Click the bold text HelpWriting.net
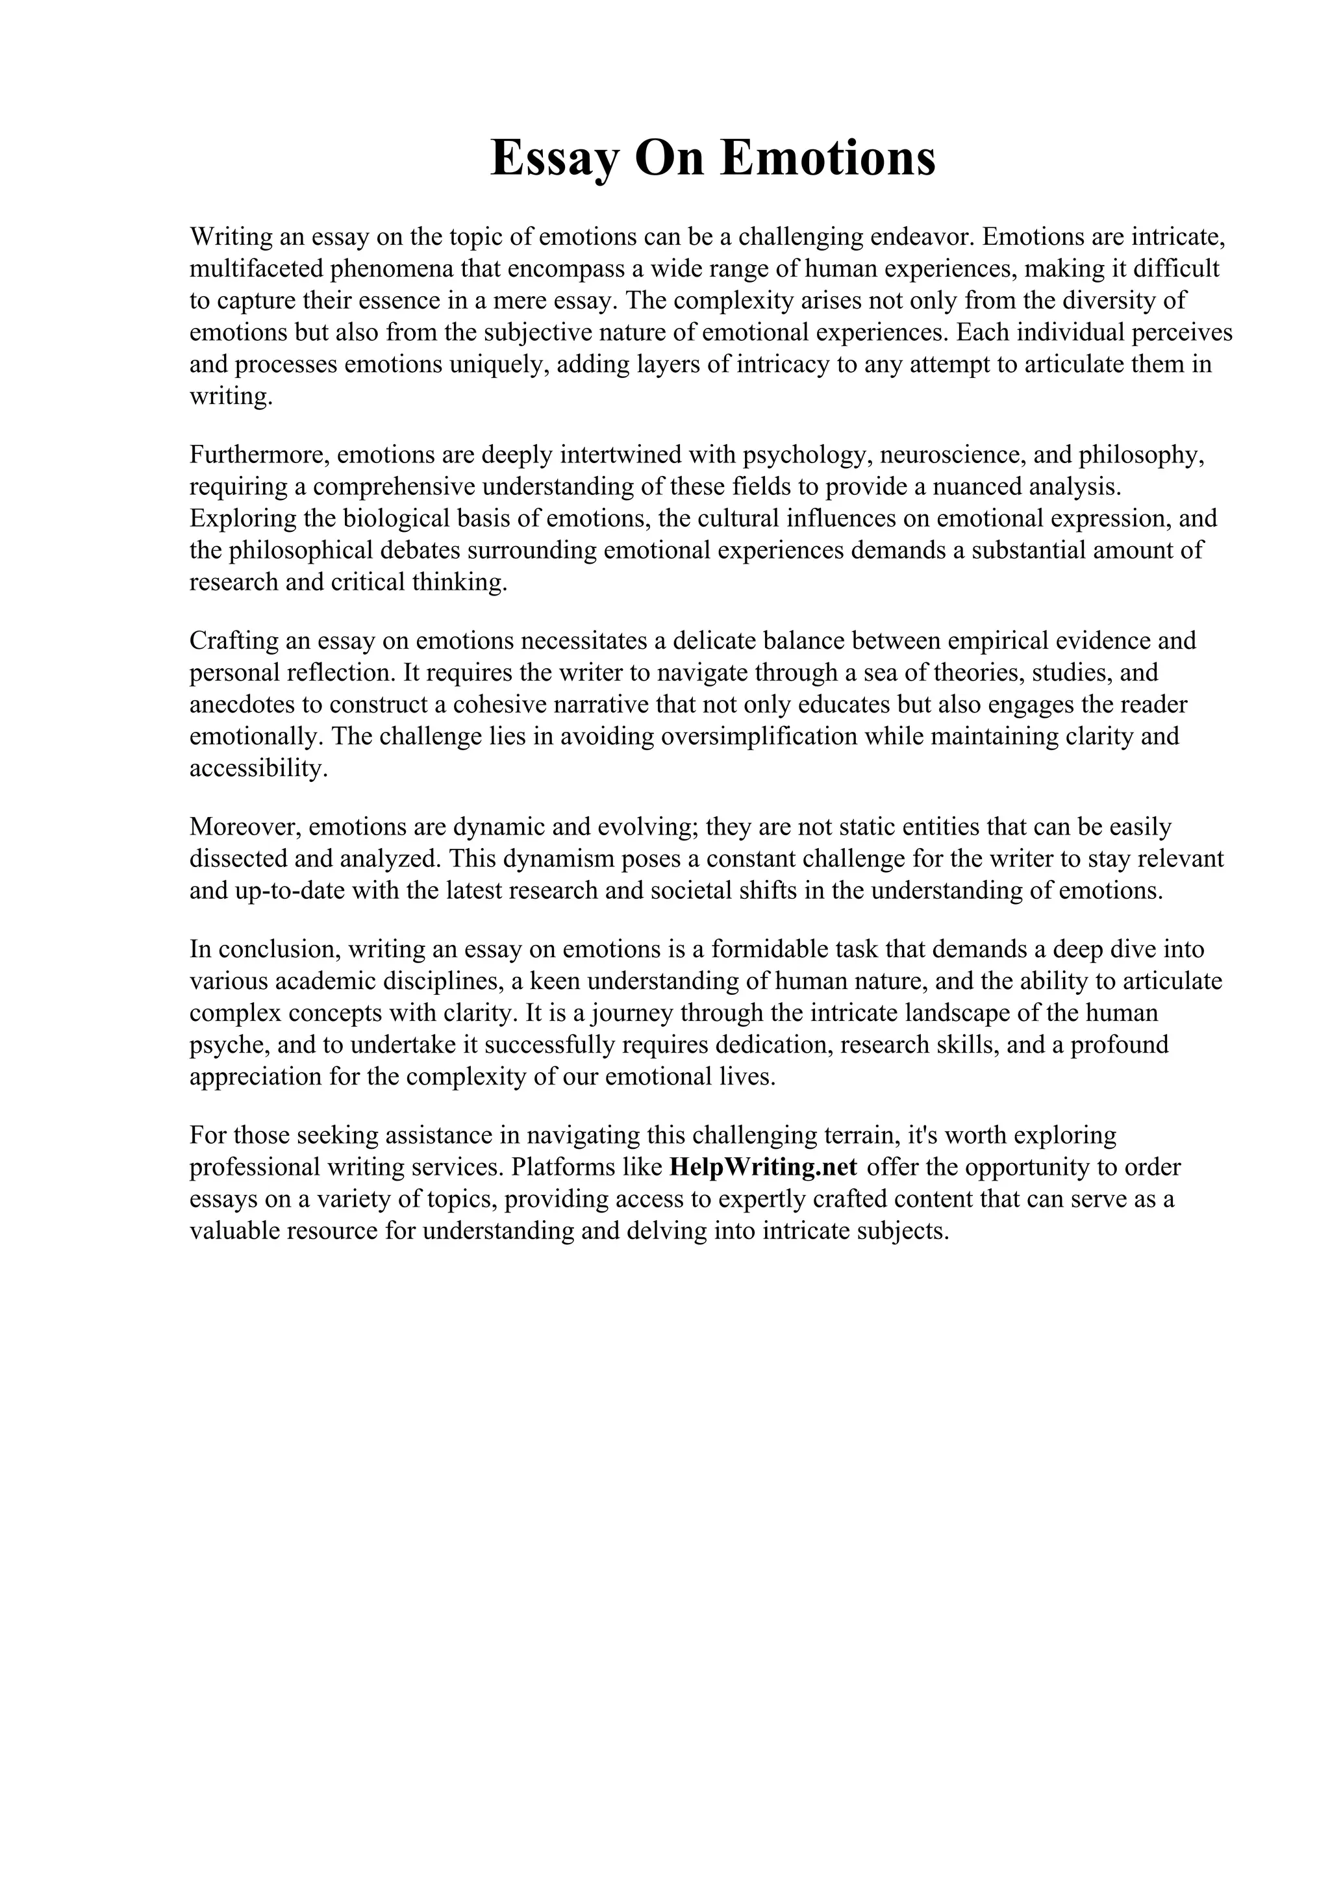click(762, 1167)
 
